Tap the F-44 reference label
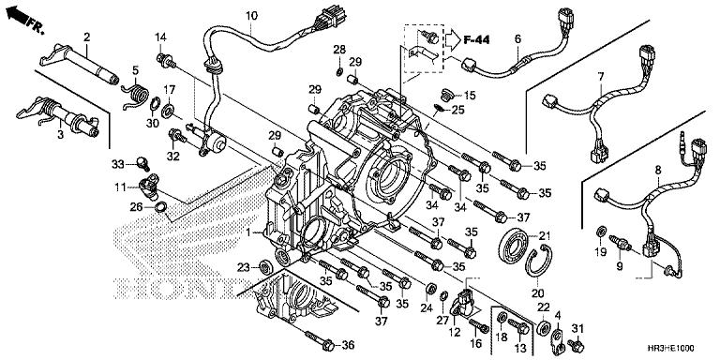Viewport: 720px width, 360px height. point(478,39)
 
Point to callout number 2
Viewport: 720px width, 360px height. point(86,37)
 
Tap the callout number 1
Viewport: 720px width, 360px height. point(247,232)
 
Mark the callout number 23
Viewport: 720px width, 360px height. point(243,267)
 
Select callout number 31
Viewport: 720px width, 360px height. point(578,326)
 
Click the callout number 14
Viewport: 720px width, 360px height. point(160,37)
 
